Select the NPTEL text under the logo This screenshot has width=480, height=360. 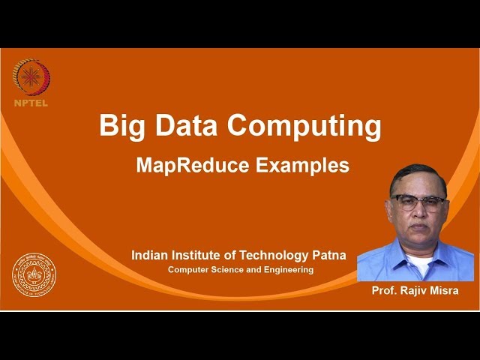(31, 103)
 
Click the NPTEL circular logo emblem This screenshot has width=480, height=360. (31, 78)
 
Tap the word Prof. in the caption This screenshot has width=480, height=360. (385, 290)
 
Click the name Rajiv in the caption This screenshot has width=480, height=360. (413, 290)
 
